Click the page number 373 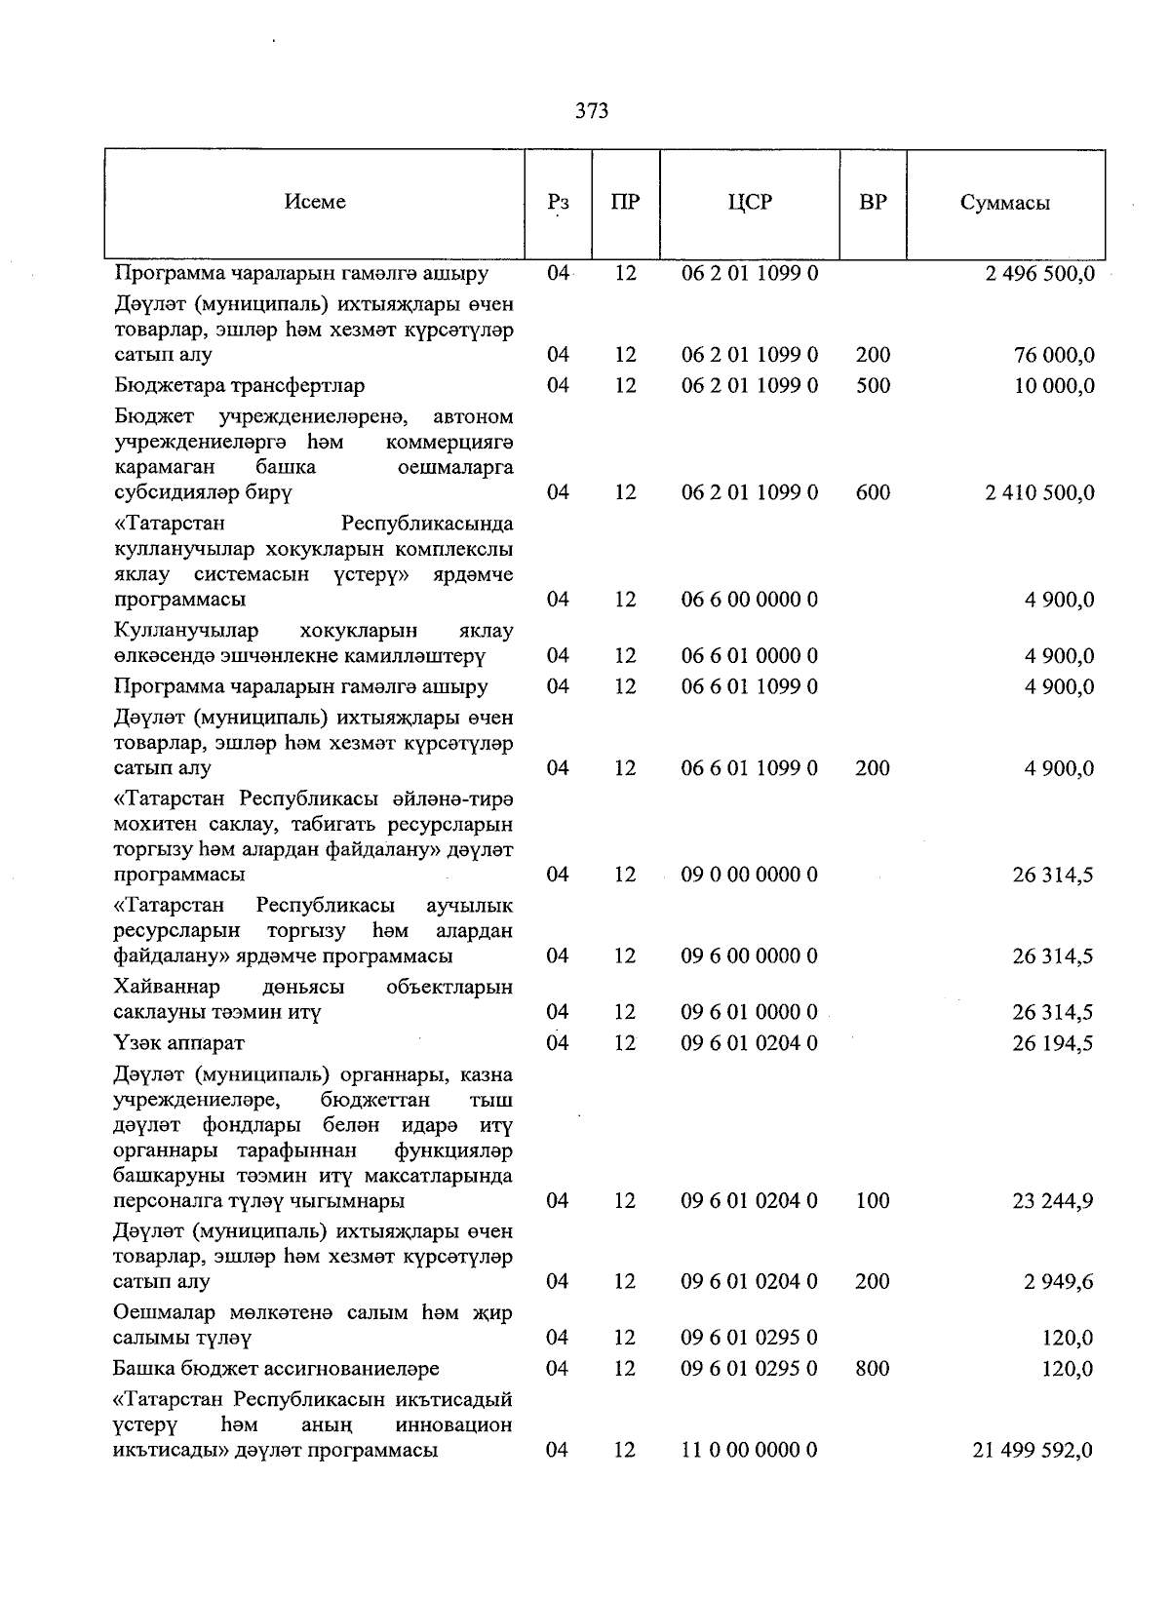click(592, 111)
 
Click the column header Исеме click(315, 202)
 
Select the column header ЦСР click(749, 203)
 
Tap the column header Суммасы click(1004, 203)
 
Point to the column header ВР click(873, 203)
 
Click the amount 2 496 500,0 click(1039, 274)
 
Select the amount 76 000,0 click(1054, 355)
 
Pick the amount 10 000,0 click(1054, 386)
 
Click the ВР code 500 click(873, 386)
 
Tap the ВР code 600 click(873, 492)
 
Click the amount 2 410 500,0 click(1039, 492)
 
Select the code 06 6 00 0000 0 click(749, 600)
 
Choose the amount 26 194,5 click(1053, 1043)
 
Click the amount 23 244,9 click(1053, 1201)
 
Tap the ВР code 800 click(873, 1369)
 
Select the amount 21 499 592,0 click(1033, 1451)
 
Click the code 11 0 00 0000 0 click(749, 1451)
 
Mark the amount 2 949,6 click(1058, 1282)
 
